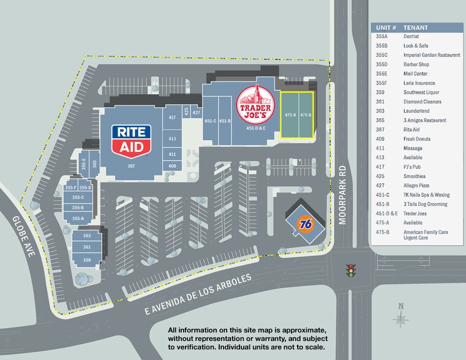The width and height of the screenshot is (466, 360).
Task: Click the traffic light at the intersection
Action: point(351,270)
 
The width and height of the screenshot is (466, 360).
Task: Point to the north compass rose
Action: point(401,317)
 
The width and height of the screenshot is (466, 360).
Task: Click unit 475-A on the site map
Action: point(290,114)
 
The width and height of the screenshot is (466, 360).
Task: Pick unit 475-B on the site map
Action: point(306,114)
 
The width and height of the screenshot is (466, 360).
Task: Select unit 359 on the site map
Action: point(87,260)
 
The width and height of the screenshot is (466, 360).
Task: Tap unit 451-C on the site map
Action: point(211,121)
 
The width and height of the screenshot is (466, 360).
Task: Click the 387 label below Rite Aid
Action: point(130,166)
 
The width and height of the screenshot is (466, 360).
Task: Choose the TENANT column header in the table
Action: point(416,28)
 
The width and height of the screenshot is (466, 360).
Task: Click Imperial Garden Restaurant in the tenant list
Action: point(432,54)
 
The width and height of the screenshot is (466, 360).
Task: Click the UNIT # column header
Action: point(386,28)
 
